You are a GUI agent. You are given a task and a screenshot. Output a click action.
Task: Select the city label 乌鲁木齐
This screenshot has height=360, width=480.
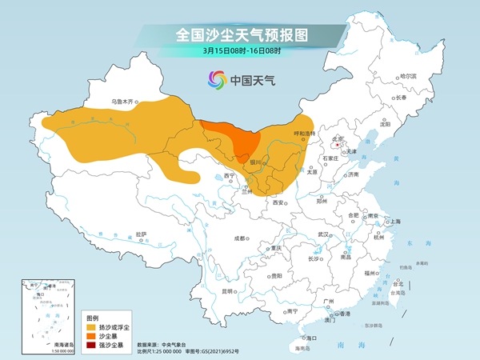click(124, 102)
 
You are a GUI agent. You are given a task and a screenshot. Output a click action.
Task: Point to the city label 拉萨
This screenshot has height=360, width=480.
click(142, 234)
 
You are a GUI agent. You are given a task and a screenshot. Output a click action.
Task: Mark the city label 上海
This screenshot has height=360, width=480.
click(394, 221)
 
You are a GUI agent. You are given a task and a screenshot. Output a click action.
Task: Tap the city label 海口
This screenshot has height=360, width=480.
click(313, 338)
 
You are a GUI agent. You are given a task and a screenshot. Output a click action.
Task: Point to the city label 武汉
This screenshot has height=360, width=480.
click(323, 234)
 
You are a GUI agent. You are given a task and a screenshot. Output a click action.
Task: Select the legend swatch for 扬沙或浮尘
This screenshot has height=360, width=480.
click(91, 326)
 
